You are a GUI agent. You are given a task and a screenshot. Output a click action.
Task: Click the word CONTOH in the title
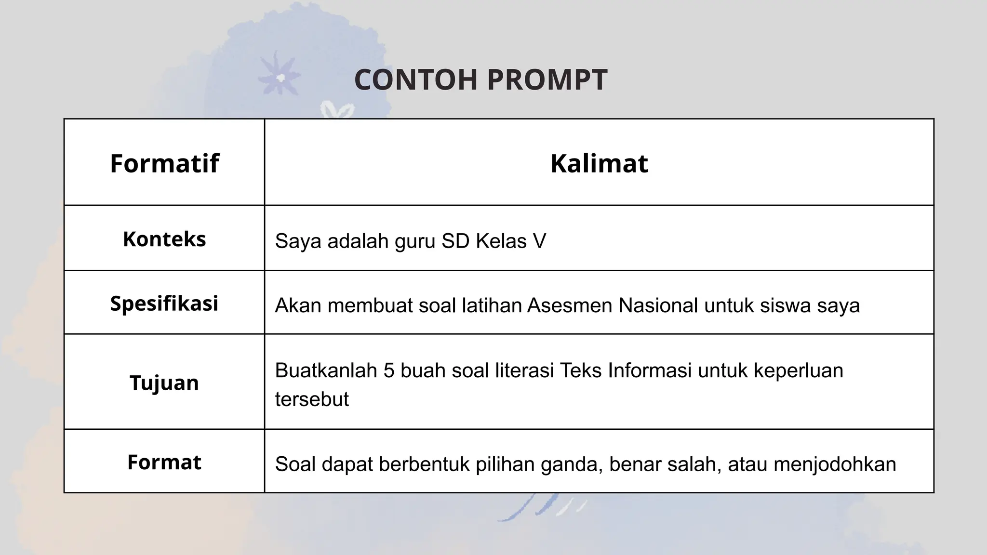coord(415,79)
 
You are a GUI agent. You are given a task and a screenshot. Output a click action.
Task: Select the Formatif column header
coord(164,163)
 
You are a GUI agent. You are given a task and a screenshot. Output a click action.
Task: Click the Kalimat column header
coord(599,163)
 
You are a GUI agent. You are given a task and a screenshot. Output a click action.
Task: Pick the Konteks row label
coord(164,239)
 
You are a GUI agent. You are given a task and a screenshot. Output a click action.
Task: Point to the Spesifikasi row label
coord(164,304)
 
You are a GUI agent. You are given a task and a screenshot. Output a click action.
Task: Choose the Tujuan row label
coord(164,383)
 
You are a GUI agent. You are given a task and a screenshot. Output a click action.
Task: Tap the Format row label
coord(164,462)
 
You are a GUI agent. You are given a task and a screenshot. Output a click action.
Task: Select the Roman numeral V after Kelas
coord(539,241)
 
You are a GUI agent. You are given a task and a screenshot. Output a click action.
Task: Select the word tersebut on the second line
coord(312,399)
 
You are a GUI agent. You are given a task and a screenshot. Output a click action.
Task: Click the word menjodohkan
coord(835,464)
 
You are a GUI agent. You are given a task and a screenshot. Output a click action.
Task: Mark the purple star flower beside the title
coord(279,76)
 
